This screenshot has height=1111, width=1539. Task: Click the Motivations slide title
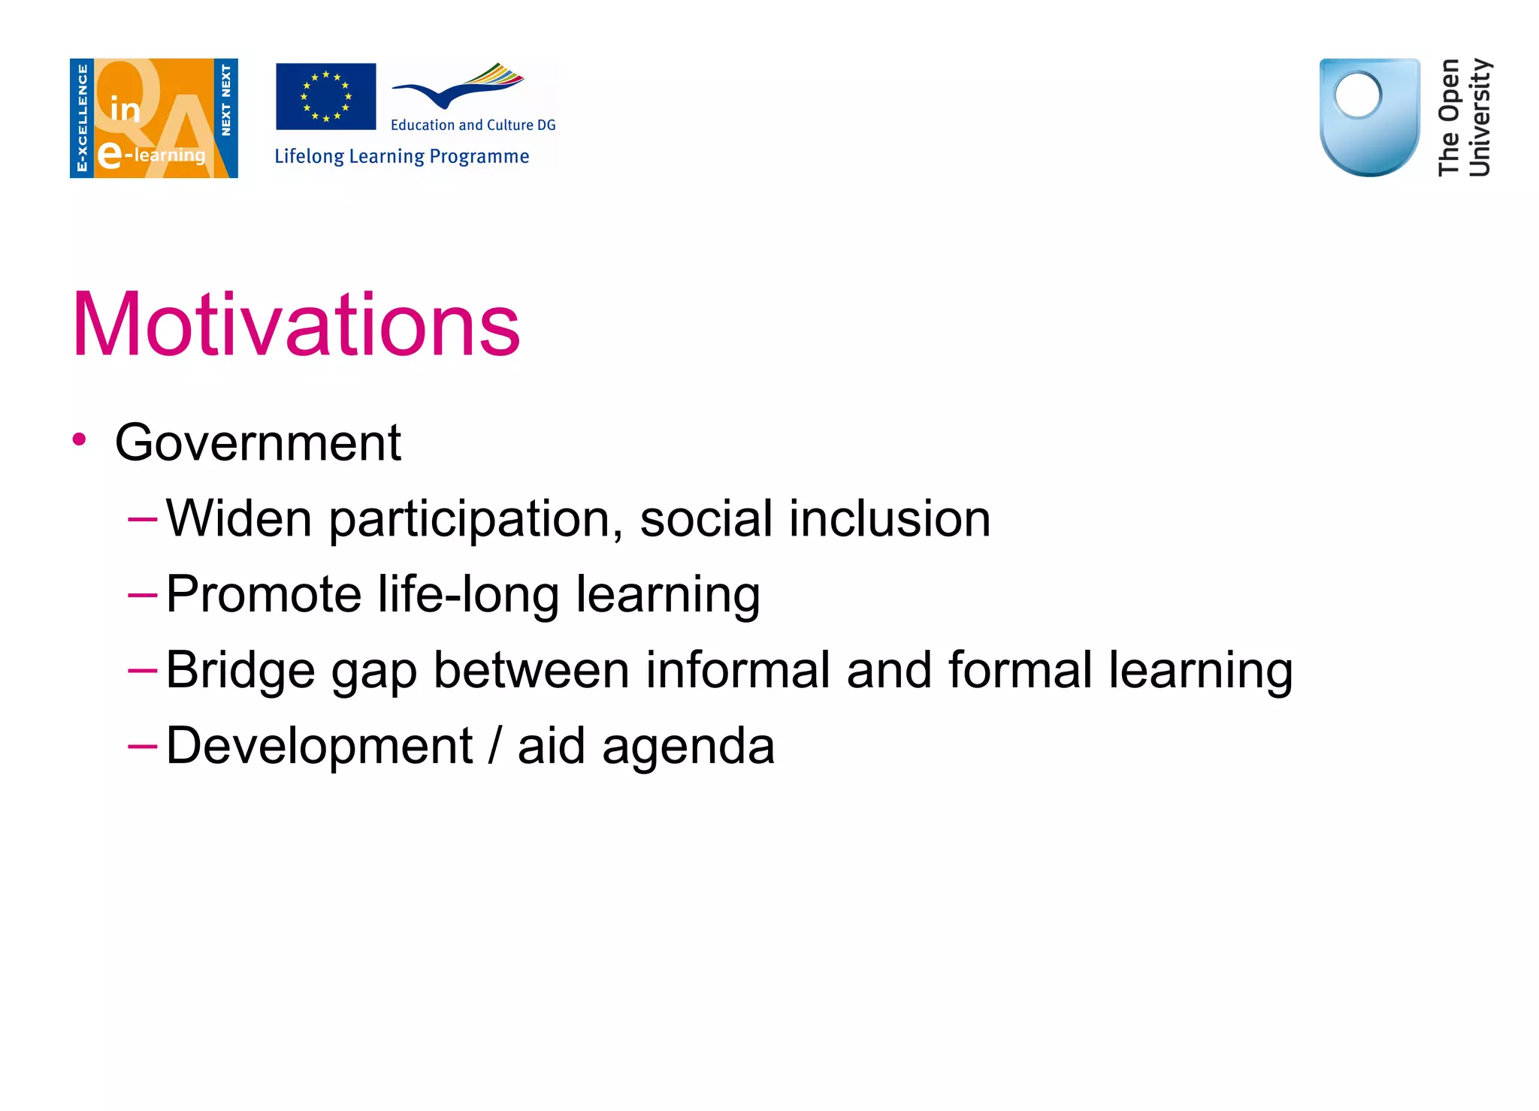pyautogui.click(x=296, y=325)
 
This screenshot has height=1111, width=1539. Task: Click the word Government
pyautogui.click(x=258, y=442)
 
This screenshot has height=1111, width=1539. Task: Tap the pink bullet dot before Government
pyautogui.click(x=80, y=439)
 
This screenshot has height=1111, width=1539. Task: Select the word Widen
pyautogui.click(x=238, y=518)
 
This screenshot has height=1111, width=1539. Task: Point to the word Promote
pyautogui.click(x=263, y=595)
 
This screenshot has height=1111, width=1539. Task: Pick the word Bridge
pyautogui.click(x=240, y=670)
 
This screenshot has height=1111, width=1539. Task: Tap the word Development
pyautogui.click(x=319, y=747)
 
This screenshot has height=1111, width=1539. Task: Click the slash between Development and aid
pyautogui.click(x=494, y=747)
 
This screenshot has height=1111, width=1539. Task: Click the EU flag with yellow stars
pyautogui.click(x=326, y=96)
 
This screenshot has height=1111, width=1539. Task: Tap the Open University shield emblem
pyautogui.click(x=1369, y=117)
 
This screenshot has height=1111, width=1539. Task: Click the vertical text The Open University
pyautogui.click(x=1463, y=117)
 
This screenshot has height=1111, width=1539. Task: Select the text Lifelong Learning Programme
pyautogui.click(x=401, y=156)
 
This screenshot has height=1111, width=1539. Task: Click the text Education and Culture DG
pyautogui.click(x=473, y=125)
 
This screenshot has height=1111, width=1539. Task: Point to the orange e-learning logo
pyautogui.click(x=154, y=118)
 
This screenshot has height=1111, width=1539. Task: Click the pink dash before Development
pyautogui.click(x=142, y=746)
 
